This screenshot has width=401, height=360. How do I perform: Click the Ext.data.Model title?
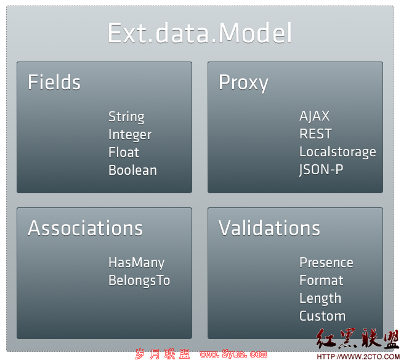click(x=200, y=33)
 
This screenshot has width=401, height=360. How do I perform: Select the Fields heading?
click(x=54, y=82)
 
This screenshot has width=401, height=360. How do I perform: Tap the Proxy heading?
click(x=243, y=83)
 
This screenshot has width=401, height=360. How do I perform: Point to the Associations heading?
click(x=85, y=228)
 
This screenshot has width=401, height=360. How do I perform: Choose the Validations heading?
click(x=269, y=228)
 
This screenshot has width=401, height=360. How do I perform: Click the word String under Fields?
click(x=126, y=117)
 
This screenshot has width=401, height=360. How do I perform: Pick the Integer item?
click(x=130, y=135)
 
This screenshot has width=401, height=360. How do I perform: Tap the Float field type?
click(x=124, y=152)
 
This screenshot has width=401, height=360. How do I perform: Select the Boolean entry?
click(x=132, y=170)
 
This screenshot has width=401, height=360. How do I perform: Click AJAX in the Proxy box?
click(x=314, y=116)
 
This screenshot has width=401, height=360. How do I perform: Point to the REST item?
click(x=315, y=134)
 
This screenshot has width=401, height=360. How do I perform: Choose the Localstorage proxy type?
click(x=338, y=152)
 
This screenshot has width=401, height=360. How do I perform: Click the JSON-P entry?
click(x=321, y=170)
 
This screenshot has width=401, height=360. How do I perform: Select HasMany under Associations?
click(x=136, y=263)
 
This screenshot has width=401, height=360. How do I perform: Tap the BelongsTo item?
click(x=139, y=280)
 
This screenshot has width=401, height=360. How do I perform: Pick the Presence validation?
click(x=326, y=263)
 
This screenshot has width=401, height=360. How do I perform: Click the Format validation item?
click(x=321, y=280)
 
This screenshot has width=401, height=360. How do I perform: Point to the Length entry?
click(x=320, y=298)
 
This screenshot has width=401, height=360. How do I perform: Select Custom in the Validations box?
click(x=322, y=316)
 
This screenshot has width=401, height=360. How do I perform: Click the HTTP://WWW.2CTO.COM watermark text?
click(x=358, y=356)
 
